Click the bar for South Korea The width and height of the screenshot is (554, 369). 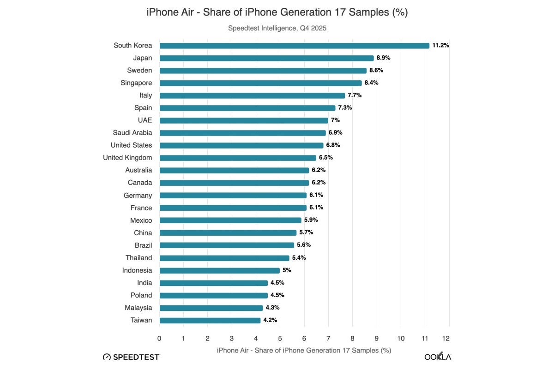[x=295, y=46]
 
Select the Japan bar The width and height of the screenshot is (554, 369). [x=266, y=58]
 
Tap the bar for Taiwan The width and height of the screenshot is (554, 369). [x=210, y=320]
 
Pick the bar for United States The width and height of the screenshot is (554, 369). [x=241, y=145]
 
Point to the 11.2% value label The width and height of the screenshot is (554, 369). [x=441, y=46]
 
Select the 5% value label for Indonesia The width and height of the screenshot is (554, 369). [x=287, y=270]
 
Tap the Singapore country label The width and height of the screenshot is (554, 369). [x=136, y=83]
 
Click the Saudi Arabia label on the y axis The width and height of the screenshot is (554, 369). [x=132, y=133]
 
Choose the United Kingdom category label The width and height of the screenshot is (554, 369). [x=127, y=158]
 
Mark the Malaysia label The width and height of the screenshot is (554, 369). [x=138, y=308]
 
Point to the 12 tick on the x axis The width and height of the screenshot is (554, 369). [x=446, y=339]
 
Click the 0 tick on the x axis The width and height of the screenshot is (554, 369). [x=159, y=339]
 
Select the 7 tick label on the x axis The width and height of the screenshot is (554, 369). [x=328, y=339]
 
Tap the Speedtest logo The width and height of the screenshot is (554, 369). [x=132, y=357]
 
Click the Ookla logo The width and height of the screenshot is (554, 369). [x=438, y=357]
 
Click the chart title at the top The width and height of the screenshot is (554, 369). [x=277, y=12]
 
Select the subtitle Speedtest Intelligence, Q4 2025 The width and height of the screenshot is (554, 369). [x=277, y=28]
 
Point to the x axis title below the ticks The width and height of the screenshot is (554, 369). [x=304, y=351]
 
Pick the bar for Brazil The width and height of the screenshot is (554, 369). [x=227, y=245]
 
